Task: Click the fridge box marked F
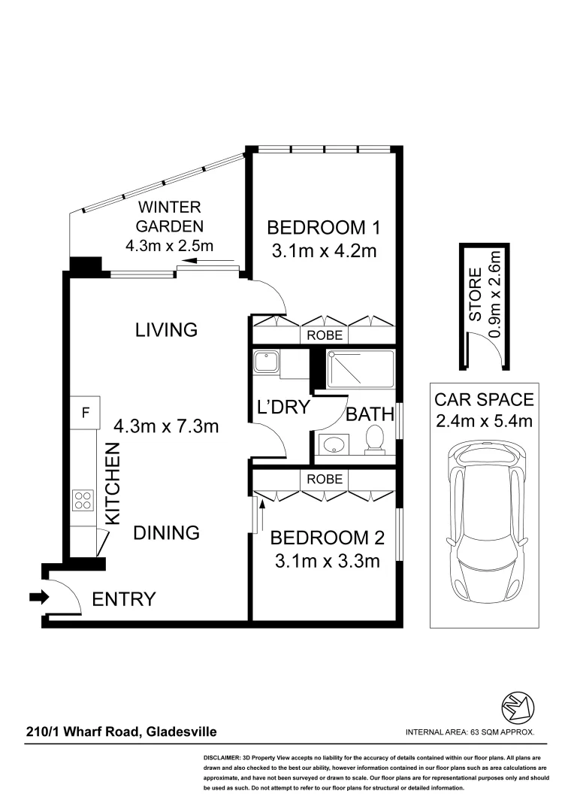(x=85, y=412)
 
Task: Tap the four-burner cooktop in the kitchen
(x=83, y=499)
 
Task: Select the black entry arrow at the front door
(x=38, y=598)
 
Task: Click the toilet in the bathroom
(x=373, y=441)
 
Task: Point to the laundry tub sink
(x=266, y=362)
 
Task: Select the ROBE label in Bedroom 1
(x=325, y=335)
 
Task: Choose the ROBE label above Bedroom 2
(x=325, y=479)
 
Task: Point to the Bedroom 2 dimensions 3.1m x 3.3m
(x=327, y=561)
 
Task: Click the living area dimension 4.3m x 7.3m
(x=166, y=426)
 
